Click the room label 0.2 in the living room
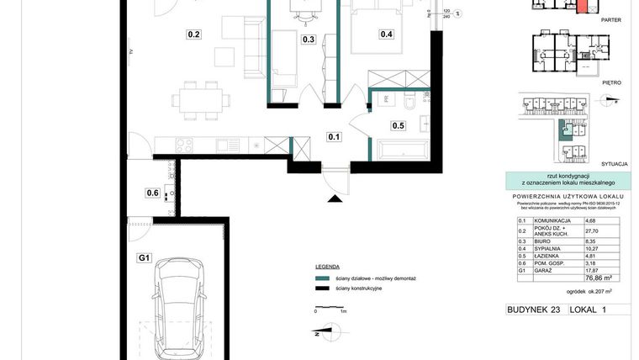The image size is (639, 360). (x=193, y=34)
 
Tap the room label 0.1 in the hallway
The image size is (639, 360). (x=334, y=137)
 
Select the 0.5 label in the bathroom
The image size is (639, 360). (x=399, y=126)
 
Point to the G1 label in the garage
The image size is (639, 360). (x=144, y=258)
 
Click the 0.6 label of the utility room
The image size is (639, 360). (x=152, y=193)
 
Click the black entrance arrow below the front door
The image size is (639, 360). (x=335, y=199)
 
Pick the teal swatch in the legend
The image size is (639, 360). (x=319, y=278)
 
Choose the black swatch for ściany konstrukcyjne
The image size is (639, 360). (x=319, y=289)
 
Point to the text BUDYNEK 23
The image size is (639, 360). (x=533, y=310)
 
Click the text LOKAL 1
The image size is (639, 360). (x=588, y=310)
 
